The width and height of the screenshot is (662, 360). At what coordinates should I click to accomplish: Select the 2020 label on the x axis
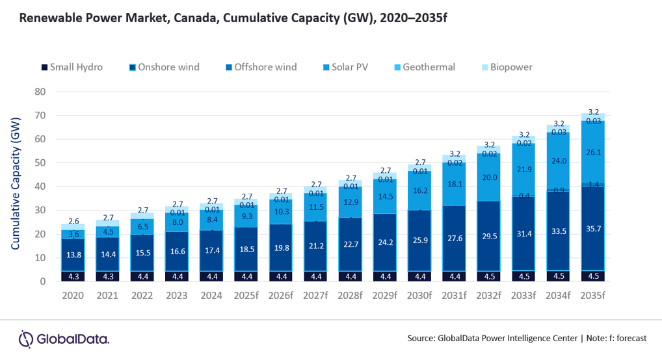coord(73,296)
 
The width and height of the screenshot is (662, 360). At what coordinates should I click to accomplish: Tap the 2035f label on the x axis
coord(593,296)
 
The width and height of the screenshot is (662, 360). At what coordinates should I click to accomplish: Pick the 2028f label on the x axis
coord(351,296)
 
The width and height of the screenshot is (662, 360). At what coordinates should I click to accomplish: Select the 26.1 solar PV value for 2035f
coord(593,152)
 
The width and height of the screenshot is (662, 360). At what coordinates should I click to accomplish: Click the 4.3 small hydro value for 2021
coord(108,276)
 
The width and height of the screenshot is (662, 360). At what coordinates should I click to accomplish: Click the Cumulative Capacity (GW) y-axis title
coord(16,183)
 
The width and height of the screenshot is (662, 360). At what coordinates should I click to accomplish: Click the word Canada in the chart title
coord(193,18)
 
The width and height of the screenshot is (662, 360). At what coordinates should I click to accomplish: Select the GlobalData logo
coord(64,339)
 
